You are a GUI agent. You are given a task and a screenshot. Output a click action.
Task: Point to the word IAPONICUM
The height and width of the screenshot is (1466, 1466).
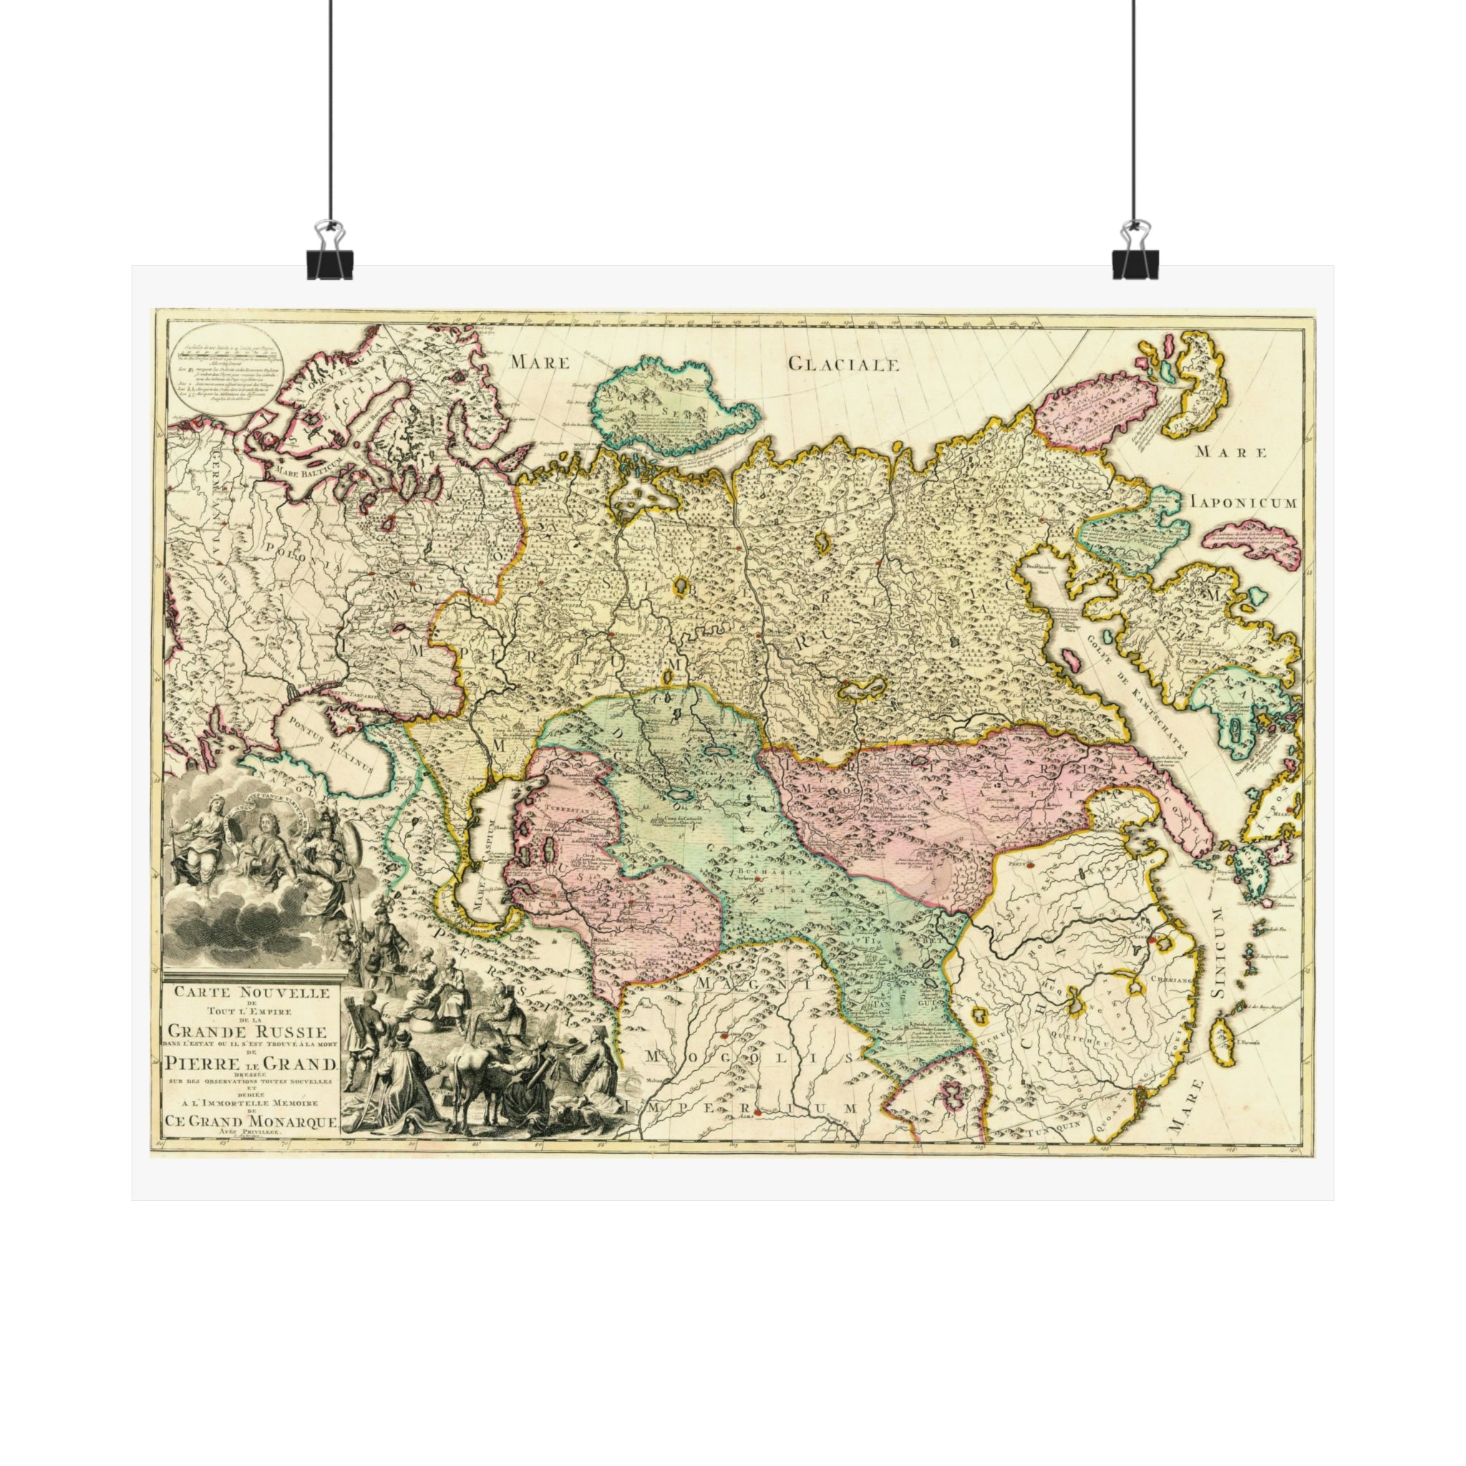coord(1244,503)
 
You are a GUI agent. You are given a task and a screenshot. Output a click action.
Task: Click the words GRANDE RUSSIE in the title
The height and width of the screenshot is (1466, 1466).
coord(248,1032)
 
